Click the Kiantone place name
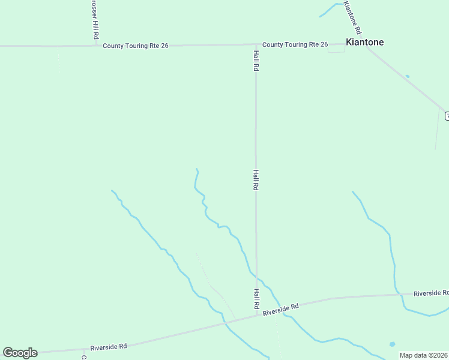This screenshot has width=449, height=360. (x=364, y=43)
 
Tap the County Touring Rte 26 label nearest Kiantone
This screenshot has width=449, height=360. (x=295, y=44)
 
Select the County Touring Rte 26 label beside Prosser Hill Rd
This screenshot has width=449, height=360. (x=135, y=46)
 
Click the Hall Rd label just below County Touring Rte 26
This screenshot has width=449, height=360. (x=256, y=61)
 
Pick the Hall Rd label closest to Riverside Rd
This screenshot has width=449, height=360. (x=256, y=299)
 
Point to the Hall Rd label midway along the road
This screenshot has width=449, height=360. (x=256, y=180)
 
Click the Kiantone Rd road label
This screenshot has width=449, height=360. (x=353, y=18)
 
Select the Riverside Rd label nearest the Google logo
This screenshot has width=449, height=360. (x=109, y=347)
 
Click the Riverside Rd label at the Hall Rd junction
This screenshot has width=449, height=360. (x=280, y=310)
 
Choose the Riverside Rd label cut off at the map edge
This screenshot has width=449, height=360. (x=431, y=293)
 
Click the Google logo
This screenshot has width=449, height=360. (x=20, y=353)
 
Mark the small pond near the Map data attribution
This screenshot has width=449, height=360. (x=392, y=344)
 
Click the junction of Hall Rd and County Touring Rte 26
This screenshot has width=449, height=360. (x=256, y=44)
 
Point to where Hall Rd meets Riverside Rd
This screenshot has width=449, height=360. (x=257, y=314)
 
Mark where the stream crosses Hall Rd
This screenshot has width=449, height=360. (x=257, y=278)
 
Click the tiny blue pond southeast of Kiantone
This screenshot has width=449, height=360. (x=408, y=76)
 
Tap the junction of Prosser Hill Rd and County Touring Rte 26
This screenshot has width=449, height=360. (x=95, y=45)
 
